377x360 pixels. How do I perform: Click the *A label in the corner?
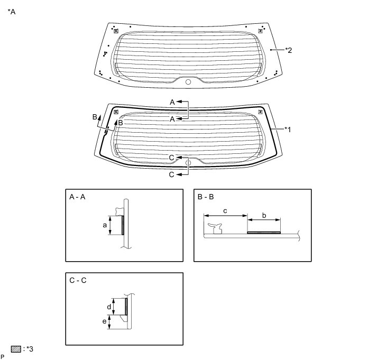pos(12,12)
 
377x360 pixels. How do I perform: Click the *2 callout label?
pos(289,50)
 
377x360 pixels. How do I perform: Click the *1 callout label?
pos(288,130)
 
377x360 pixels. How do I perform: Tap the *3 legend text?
pos(30,349)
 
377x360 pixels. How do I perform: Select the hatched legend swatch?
pos(16,349)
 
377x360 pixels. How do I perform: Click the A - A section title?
pos(77,197)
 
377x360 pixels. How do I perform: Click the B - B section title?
pos(206,197)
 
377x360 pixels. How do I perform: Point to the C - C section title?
pos(78,281)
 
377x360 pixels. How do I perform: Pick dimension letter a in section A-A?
pos(105,225)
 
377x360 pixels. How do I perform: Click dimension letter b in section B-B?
pos(264,215)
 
